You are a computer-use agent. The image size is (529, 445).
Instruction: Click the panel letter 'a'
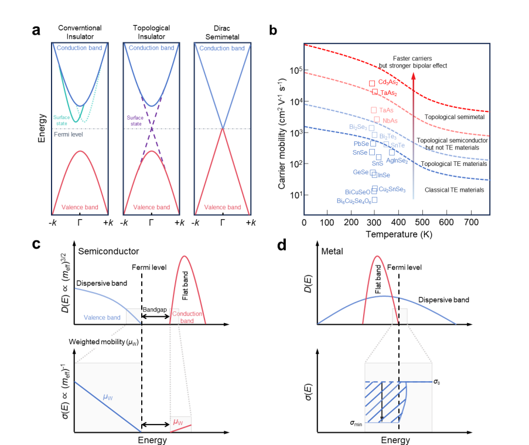pyautogui.click(x=36, y=30)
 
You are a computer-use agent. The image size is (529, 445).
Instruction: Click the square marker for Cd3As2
pyautogui.click(x=372, y=83)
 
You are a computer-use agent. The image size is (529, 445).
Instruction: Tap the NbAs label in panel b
pyautogui.click(x=390, y=121)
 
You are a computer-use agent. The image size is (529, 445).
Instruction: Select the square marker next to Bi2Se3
pyautogui.click(x=371, y=128)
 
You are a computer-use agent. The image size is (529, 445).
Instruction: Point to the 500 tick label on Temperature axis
pyautogui.click(x=422, y=222)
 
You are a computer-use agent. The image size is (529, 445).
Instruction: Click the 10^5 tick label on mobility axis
pyautogui.click(x=296, y=70)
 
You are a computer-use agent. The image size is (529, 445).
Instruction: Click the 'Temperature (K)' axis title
pyautogui.click(x=399, y=235)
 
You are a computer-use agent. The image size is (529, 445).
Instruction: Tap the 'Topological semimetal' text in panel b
pyautogui.click(x=454, y=117)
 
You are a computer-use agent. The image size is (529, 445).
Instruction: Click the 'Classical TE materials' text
pyautogui.click(x=454, y=190)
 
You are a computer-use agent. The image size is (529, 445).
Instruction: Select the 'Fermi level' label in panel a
pyautogui.click(x=68, y=134)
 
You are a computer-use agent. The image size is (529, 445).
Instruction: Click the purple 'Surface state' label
pyautogui.click(x=135, y=121)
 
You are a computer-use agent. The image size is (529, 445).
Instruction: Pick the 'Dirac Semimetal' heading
pyautogui.click(x=222, y=32)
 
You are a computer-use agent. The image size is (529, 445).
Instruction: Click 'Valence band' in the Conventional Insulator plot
pyautogui.click(x=80, y=207)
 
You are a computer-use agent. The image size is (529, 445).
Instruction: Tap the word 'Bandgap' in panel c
pyautogui.click(x=155, y=310)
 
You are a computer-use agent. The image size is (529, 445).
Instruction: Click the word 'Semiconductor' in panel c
pyautogui.click(x=108, y=251)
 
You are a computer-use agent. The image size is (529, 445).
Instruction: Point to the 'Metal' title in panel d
pyautogui.click(x=332, y=251)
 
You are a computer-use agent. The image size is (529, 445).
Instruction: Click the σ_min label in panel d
pyautogui.click(x=356, y=423)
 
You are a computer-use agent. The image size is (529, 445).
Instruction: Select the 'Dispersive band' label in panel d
pyautogui.click(x=443, y=300)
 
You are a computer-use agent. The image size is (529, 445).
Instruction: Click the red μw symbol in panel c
pyautogui.click(x=178, y=422)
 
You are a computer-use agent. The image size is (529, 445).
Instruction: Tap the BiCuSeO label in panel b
pyautogui.click(x=357, y=192)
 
